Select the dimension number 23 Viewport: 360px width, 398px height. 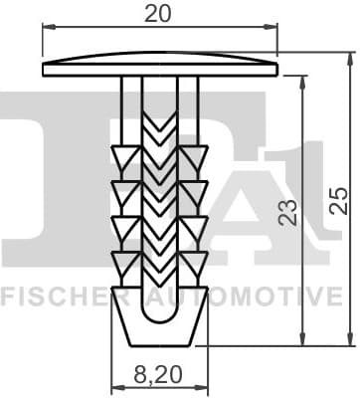tap(288, 211)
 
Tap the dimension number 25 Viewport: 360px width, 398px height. tap(338, 199)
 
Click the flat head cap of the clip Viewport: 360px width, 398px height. tap(159, 67)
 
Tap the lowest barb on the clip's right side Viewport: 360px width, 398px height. tap(194, 263)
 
